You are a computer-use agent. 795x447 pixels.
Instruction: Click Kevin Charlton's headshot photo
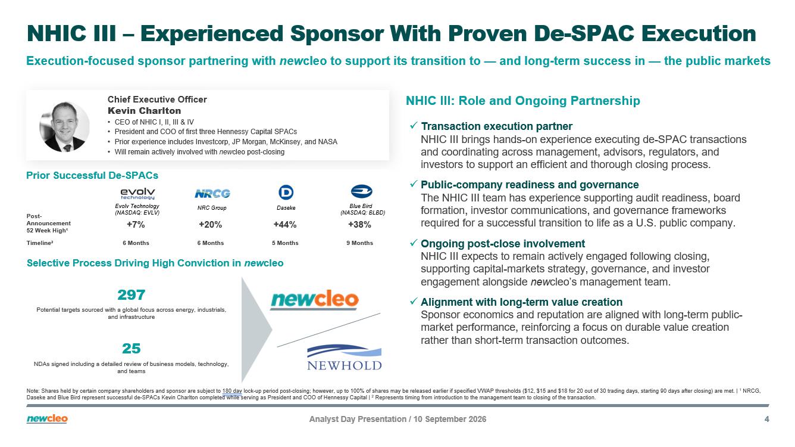(64, 126)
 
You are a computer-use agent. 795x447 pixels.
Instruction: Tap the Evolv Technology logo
(137, 194)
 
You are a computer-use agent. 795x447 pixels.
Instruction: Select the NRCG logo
(212, 194)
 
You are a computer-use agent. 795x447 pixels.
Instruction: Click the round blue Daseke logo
(286, 193)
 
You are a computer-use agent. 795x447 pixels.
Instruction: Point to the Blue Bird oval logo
(361, 191)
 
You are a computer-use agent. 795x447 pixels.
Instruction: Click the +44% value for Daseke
(284, 225)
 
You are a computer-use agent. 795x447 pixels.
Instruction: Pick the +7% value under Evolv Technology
(136, 225)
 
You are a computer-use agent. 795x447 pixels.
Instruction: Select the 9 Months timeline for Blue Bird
(359, 243)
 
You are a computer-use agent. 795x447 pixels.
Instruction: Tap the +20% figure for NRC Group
(210, 225)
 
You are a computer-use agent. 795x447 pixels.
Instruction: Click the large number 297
(131, 295)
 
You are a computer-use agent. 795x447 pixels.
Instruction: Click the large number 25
(131, 349)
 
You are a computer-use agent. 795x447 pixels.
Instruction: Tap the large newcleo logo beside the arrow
(314, 300)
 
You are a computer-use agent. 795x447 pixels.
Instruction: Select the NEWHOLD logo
(344, 358)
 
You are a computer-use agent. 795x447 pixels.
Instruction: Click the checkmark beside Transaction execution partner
(413, 126)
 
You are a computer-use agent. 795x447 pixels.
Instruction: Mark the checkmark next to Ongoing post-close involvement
(413, 243)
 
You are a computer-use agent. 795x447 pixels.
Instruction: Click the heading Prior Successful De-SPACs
(92, 175)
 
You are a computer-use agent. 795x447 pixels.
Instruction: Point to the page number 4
(766, 419)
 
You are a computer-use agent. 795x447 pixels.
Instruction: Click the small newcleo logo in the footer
(47, 419)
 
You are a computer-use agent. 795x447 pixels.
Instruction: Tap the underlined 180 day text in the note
(232, 391)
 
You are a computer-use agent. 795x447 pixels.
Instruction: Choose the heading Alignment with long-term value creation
(521, 302)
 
